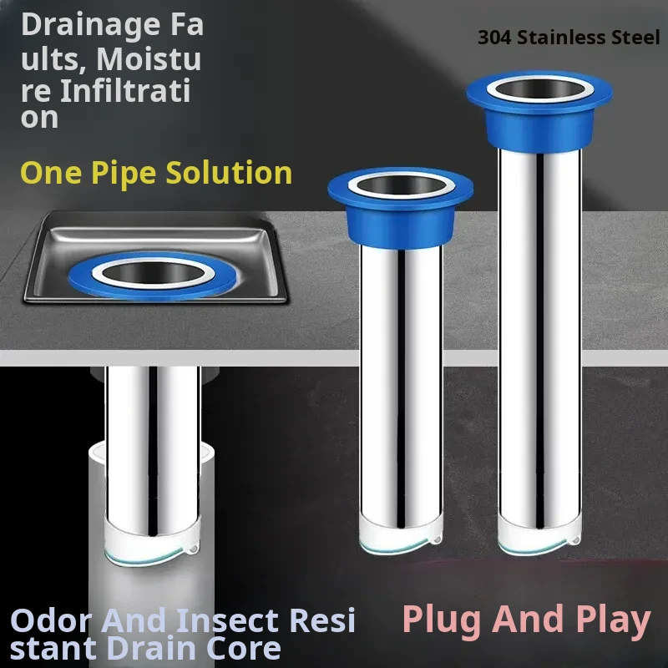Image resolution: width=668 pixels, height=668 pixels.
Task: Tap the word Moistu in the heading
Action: (149, 59)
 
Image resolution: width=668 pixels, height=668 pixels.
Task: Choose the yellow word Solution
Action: (229, 173)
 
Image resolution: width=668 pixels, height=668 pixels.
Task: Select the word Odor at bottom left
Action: (51, 620)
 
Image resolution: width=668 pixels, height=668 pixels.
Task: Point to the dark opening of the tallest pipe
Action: (540, 89)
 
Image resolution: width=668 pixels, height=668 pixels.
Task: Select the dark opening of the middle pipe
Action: (400, 185)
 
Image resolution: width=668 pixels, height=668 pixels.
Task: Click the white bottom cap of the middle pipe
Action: (401, 534)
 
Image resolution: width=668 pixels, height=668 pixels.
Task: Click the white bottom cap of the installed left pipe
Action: (152, 541)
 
